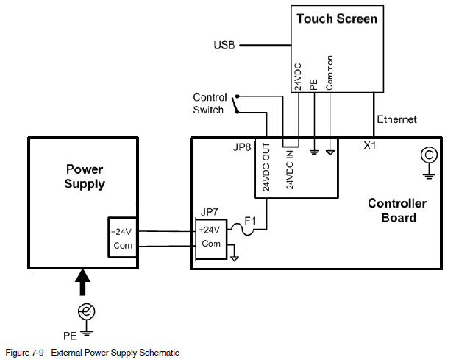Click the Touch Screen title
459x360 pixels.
(x=337, y=18)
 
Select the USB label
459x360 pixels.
(x=224, y=46)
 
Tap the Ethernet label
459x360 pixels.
(x=396, y=119)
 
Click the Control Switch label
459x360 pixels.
(x=210, y=104)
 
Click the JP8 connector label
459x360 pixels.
(x=242, y=147)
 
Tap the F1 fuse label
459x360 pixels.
(x=249, y=219)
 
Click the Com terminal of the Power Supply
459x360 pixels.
(x=122, y=245)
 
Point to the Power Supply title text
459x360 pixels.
(x=85, y=177)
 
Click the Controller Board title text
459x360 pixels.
(x=396, y=211)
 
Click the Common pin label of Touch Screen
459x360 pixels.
(x=330, y=73)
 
